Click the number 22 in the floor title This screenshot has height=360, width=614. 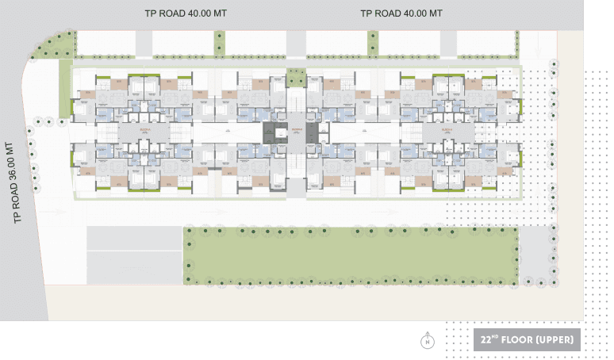tap(486, 340)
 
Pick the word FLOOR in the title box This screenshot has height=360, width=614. tap(520, 340)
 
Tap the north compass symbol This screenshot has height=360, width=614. tap(428, 341)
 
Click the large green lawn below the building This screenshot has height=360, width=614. tap(349, 255)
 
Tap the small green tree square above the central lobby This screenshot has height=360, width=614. tap(296, 78)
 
